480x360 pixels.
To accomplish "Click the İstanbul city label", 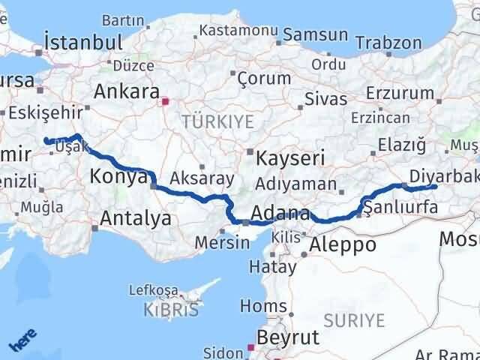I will point(83,42).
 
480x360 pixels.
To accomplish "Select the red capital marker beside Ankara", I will point(165,97).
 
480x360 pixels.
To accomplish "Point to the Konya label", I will point(118,177).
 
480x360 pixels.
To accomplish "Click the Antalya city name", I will point(135,218).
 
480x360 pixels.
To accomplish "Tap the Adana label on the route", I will point(280,212).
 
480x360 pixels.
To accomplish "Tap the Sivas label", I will point(326,98).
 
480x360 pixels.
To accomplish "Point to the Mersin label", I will point(222,242).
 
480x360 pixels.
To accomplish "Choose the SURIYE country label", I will point(358,321).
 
